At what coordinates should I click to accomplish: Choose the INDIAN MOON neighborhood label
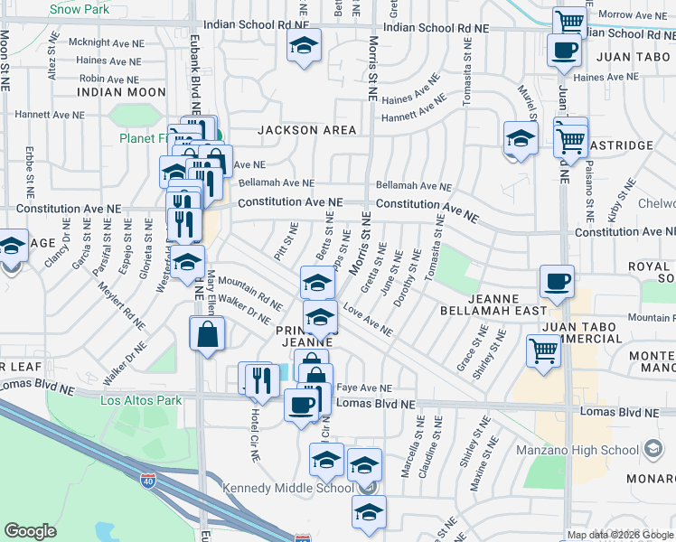pyautogui.click(x=121, y=92)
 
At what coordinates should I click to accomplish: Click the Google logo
pyautogui.click(x=31, y=531)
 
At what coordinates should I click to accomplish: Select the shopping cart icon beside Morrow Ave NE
pyautogui.click(x=569, y=20)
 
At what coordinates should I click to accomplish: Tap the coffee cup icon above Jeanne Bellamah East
pyautogui.click(x=558, y=281)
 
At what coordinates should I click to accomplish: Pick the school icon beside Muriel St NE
pyautogui.click(x=521, y=138)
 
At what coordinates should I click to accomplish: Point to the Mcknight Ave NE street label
pyautogui.click(x=107, y=42)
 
